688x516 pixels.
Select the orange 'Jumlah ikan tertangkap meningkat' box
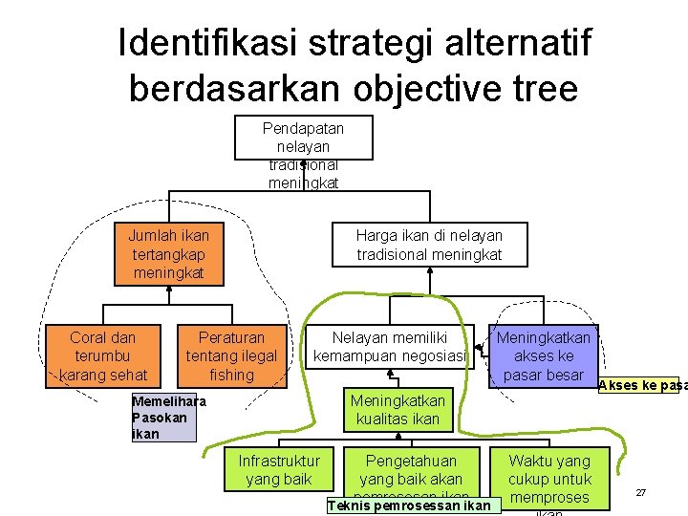(168, 254)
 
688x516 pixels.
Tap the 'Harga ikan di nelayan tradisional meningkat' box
(429, 245)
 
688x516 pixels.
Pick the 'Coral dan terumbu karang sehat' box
(103, 355)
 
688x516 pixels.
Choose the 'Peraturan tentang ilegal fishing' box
(231, 355)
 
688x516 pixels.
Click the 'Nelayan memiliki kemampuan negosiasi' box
(391, 347)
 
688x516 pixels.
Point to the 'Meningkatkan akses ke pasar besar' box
(543, 355)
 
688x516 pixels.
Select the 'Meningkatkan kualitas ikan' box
(397, 409)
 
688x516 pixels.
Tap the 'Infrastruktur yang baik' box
(279, 469)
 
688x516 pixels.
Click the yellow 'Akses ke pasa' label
(641, 385)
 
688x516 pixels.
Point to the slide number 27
(641, 492)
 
